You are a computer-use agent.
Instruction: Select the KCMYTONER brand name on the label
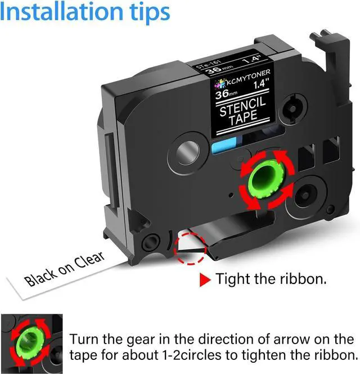248,77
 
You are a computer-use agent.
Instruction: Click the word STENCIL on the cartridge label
242,107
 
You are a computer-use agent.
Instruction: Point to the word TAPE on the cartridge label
244,118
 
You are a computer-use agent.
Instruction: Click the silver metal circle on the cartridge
188,152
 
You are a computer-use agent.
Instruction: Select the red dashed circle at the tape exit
190,249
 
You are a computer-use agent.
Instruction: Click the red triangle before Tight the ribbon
205,280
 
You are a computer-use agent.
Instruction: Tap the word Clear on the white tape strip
89,260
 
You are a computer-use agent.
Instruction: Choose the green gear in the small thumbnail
30,340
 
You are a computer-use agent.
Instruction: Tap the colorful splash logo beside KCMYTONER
220,84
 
